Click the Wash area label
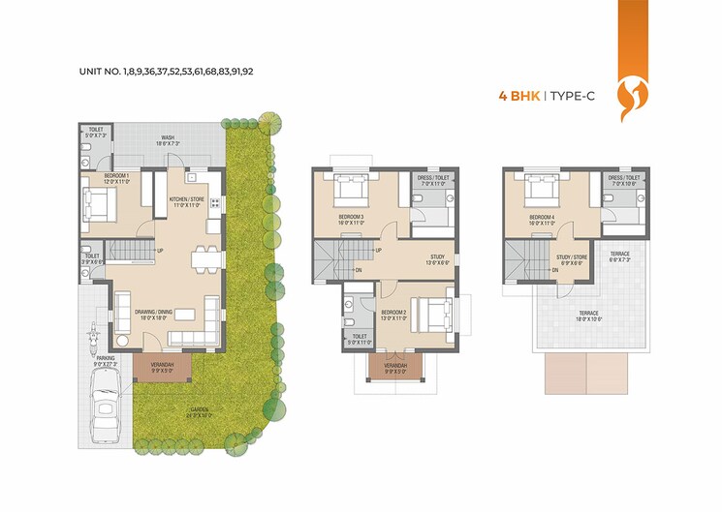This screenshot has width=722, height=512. click(168, 140)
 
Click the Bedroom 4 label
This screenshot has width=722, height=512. click(540, 220)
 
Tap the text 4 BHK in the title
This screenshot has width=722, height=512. click(518, 96)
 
